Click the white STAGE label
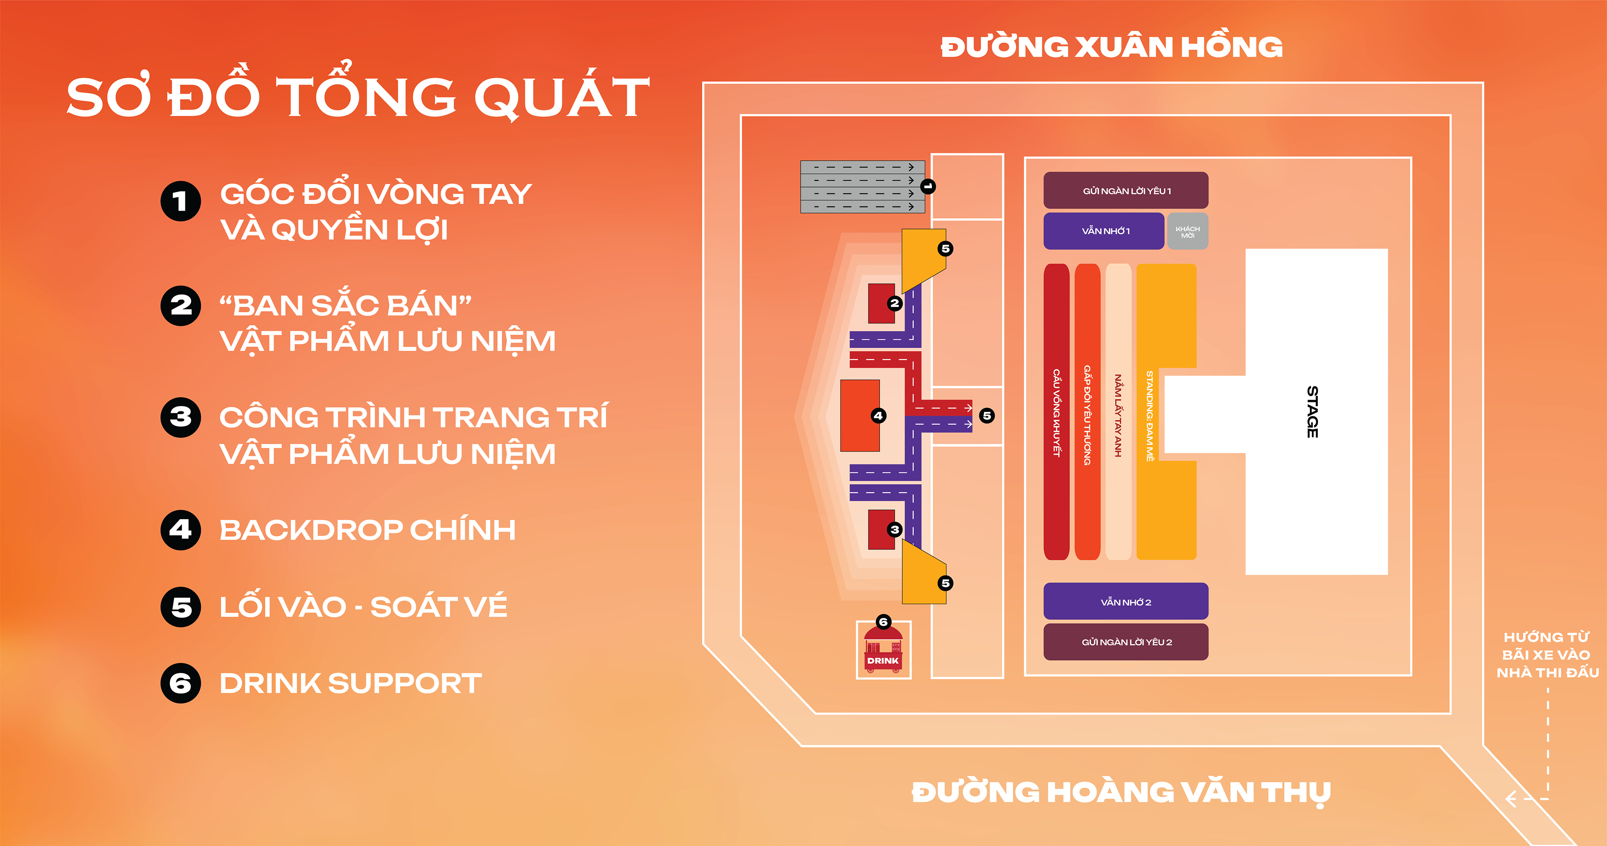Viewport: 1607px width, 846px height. click(1312, 412)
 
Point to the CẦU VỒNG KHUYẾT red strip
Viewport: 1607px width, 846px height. click(1056, 412)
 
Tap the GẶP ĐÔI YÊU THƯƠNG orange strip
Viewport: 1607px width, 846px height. click(1087, 412)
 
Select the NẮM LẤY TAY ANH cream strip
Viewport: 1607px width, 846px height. click(1118, 412)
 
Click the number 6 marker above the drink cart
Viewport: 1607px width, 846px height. click(883, 621)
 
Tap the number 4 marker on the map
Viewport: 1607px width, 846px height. click(878, 416)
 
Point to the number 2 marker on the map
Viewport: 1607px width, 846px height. click(895, 303)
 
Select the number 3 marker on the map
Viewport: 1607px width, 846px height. click(895, 530)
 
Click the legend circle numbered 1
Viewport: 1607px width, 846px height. click(181, 201)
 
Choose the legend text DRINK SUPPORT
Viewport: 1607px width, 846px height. click(351, 683)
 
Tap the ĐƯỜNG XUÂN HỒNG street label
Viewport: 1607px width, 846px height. click(1111, 47)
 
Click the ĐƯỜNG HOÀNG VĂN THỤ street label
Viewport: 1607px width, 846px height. click(1121, 792)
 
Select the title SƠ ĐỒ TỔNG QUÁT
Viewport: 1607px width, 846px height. click(358, 97)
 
